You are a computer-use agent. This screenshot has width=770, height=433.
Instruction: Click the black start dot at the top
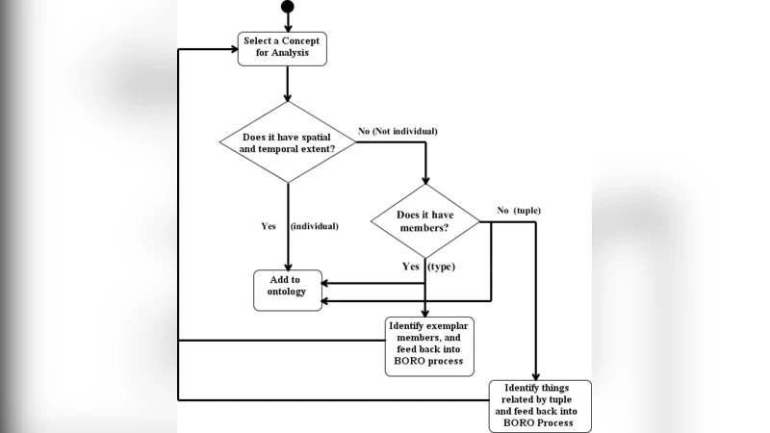coord(287,8)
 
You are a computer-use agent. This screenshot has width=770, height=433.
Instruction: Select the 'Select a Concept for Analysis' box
coord(283,48)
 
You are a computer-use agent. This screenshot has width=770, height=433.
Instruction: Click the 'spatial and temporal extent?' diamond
coord(287,142)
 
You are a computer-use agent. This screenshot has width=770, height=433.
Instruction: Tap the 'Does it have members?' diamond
coord(425,221)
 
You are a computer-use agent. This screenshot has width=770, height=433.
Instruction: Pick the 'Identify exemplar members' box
coord(429,345)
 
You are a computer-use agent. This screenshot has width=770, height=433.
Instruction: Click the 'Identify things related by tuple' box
coord(540,406)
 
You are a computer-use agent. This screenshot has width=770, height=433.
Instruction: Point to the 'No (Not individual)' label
coord(398,130)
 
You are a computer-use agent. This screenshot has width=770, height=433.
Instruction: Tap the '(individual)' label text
coord(315,226)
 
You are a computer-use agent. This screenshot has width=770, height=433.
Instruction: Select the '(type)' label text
coord(442,265)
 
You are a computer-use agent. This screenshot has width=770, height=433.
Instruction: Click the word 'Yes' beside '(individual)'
coord(269,226)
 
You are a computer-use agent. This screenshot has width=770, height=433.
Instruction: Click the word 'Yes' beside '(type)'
coord(411,265)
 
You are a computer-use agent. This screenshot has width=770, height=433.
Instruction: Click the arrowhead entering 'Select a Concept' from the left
coord(233,48)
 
